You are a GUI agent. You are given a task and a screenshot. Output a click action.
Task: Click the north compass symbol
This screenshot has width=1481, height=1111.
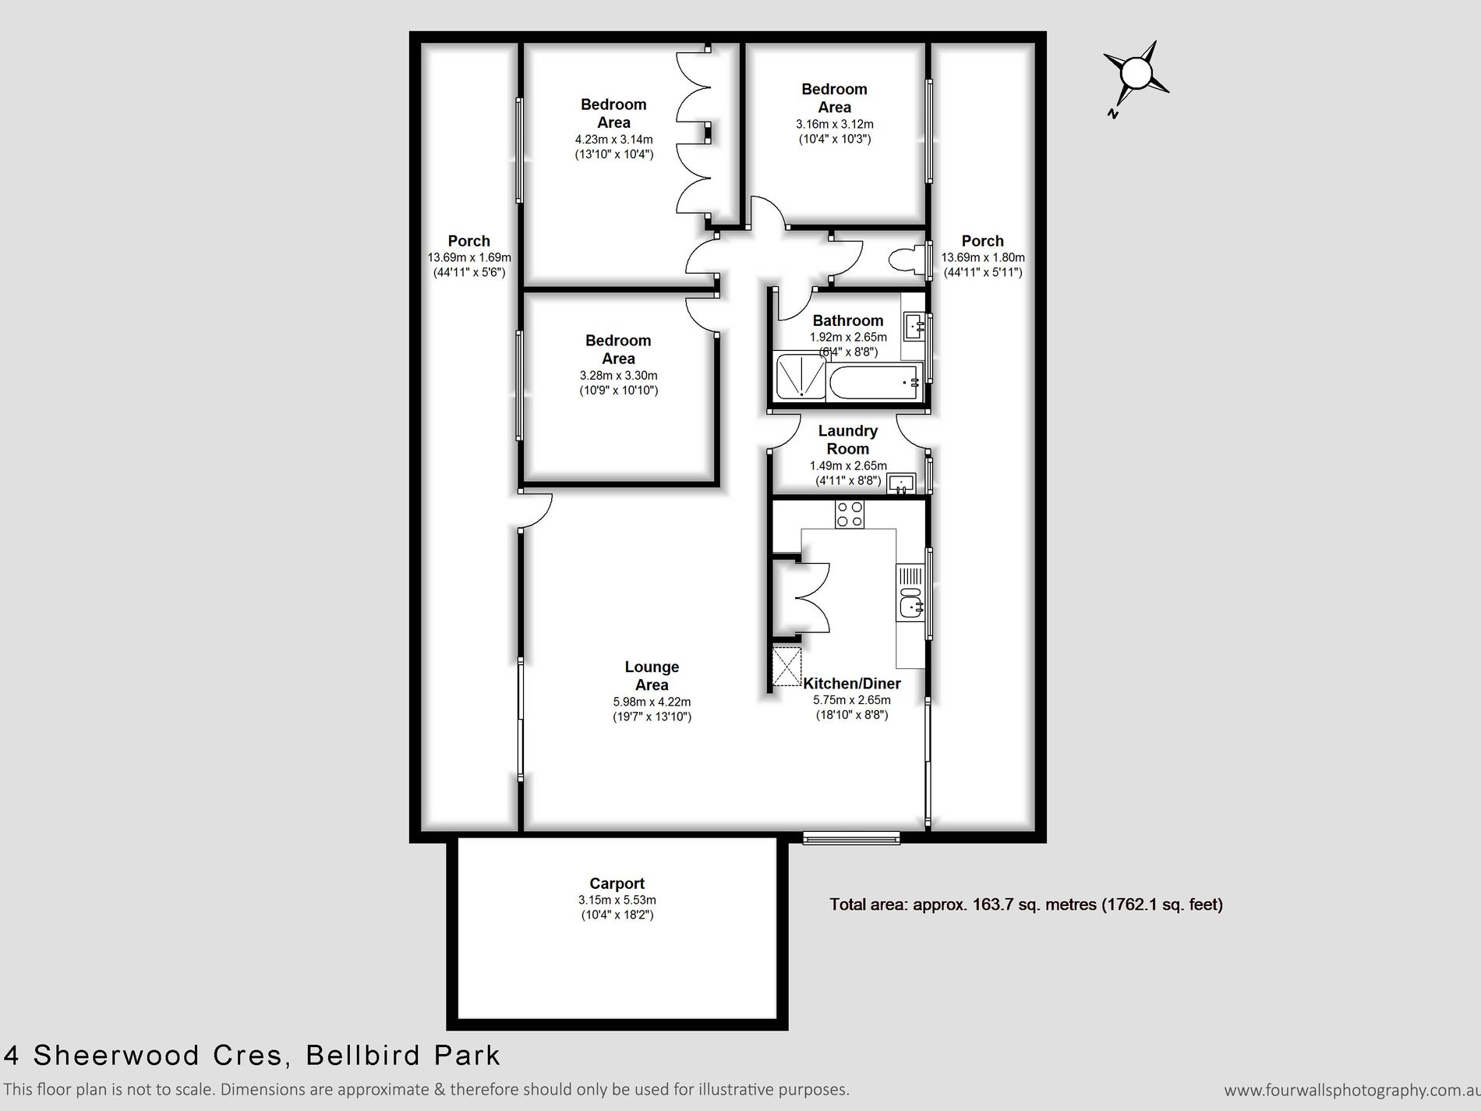point(1135,76)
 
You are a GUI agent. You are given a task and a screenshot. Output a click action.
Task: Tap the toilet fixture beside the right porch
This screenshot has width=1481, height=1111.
point(910,260)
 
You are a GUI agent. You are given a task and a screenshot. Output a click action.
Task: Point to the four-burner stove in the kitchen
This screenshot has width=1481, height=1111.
point(849,515)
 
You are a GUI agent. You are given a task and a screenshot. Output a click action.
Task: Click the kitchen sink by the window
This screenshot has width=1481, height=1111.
point(910,606)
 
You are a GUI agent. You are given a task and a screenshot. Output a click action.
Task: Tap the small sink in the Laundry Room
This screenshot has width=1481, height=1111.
point(902,483)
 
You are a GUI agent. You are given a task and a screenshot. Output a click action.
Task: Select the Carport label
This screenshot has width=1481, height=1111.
point(617,883)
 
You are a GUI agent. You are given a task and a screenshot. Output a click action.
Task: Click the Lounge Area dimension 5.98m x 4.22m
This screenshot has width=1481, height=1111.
point(652,702)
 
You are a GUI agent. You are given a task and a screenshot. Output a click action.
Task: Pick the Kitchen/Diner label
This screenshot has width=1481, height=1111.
point(852,684)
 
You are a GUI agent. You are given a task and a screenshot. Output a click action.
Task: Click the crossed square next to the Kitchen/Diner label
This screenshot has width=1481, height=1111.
point(786,667)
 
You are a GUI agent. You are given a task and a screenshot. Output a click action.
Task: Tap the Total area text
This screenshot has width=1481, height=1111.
point(1025,904)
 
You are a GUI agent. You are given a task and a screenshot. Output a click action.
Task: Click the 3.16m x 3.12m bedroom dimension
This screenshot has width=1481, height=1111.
point(834,124)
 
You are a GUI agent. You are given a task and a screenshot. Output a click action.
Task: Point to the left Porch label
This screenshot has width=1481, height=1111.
point(468,241)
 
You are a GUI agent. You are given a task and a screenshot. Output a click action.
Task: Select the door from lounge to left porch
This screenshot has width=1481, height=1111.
point(535,511)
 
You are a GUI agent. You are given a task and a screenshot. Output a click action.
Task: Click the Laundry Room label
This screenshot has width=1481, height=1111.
point(847,440)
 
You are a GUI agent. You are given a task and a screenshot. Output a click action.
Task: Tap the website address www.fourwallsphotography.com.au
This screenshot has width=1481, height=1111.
point(1351,1090)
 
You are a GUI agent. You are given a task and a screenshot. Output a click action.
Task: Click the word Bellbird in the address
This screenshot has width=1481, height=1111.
point(352,1056)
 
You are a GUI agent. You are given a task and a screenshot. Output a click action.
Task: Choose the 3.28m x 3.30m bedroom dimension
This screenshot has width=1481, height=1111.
point(618,375)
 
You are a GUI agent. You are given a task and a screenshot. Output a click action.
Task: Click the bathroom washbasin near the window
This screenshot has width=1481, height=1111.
point(914,325)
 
